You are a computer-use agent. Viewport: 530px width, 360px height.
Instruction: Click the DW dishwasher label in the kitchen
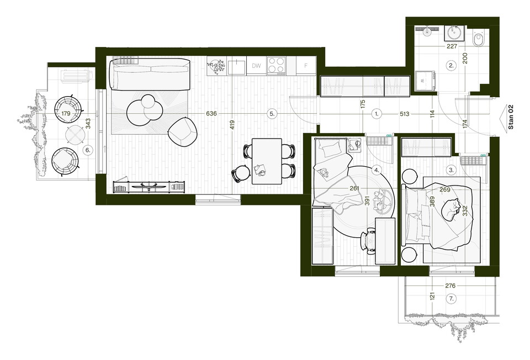pos(256,66)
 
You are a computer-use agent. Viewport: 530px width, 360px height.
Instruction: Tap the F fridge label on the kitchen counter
pos(306,66)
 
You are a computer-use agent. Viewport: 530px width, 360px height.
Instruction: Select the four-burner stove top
pos(276,66)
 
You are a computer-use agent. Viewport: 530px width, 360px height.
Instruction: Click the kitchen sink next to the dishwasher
pos(237,66)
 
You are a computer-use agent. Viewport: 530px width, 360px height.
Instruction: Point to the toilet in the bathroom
pos(479,40)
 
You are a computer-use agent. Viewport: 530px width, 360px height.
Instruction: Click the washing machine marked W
pos(425,81)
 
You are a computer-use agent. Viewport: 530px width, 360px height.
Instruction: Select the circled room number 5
pos(272,114)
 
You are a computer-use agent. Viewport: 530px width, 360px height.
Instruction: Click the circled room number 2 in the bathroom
pos(451,66)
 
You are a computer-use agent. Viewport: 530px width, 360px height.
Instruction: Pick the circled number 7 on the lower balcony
pos(451,299)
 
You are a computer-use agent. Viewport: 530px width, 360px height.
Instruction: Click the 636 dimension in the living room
pos(211,114)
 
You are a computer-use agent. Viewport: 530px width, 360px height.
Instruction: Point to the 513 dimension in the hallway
pos(405,114)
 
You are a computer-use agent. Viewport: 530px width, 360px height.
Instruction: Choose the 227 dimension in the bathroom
pos(452,46)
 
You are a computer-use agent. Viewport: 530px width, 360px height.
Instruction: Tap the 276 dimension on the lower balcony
pos(451,286)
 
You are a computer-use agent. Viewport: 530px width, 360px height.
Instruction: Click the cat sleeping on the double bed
pos(451,210)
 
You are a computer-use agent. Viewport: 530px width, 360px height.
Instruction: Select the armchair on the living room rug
pos(183,132)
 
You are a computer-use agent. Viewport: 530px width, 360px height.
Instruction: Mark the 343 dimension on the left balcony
pos(88,124)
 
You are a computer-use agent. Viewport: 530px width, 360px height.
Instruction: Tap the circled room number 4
pos(377,170)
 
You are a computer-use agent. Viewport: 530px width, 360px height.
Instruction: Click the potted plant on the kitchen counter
pos(216,66)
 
